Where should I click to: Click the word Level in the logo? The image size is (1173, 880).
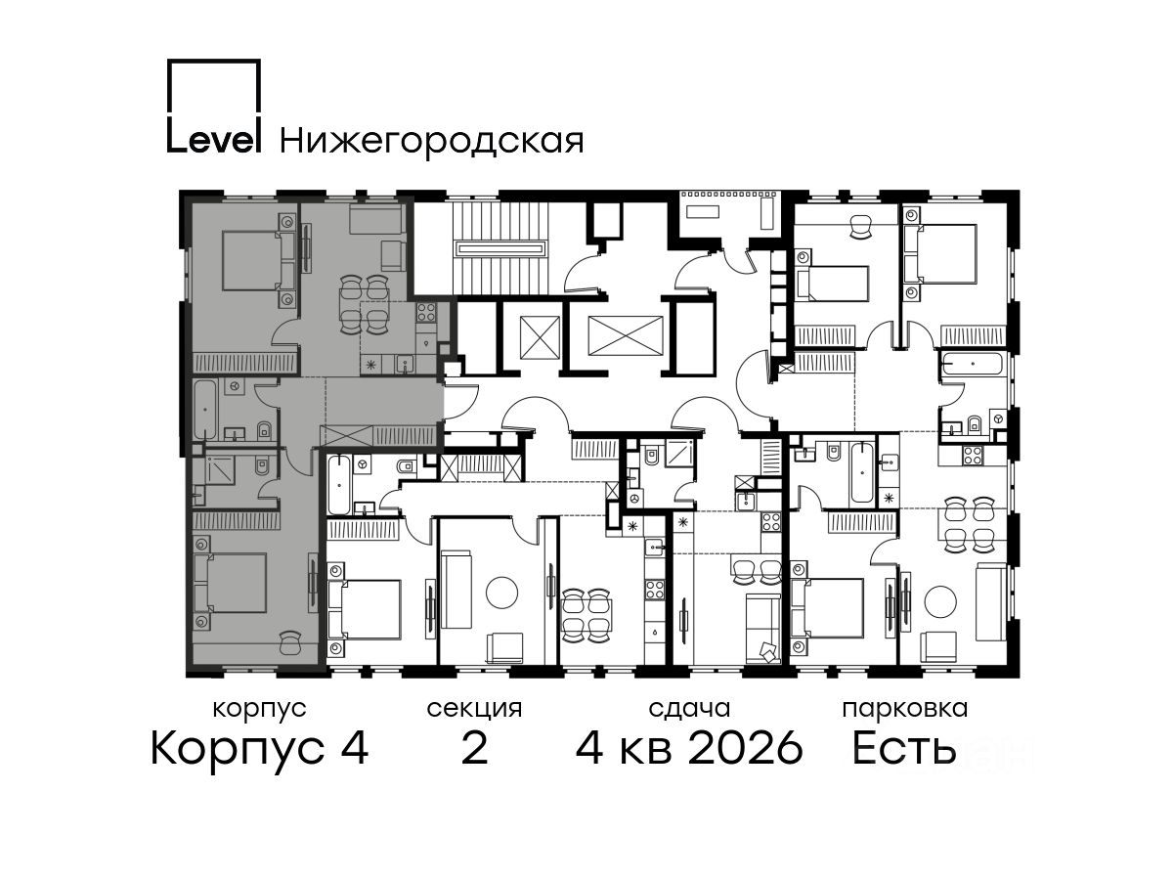(x=214, y=141)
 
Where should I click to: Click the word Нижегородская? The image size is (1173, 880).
(x=432, y=142)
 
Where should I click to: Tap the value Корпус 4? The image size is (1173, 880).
(x=260, y=749)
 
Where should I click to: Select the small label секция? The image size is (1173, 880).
(x=474, y=709)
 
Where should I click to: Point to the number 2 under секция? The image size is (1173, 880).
(x=474, y=748)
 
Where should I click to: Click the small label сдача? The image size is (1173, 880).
(x=689, y=709)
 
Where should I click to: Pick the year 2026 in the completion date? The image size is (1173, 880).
(x=746, y=748)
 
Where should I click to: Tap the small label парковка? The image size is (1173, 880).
(x=905, y=709)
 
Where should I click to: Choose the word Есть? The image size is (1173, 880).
(x=903, y=748)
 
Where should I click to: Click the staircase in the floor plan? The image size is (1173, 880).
(x=500, y=248)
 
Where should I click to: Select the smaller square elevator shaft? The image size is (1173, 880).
(x=540, y=337)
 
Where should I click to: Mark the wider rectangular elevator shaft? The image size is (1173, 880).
(x=626, y=335)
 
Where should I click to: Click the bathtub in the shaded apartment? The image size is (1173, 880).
(x=204, y=410)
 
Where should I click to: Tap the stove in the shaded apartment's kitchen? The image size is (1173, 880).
(x=426, y=312)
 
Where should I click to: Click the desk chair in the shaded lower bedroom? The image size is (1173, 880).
(x=290, y=640)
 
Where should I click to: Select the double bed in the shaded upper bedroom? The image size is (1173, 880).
(x=259, y=260)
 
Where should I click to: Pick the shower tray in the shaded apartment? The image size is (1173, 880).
(x=220, y=470)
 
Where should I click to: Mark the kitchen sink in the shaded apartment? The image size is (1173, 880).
(x=405, y=365)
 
